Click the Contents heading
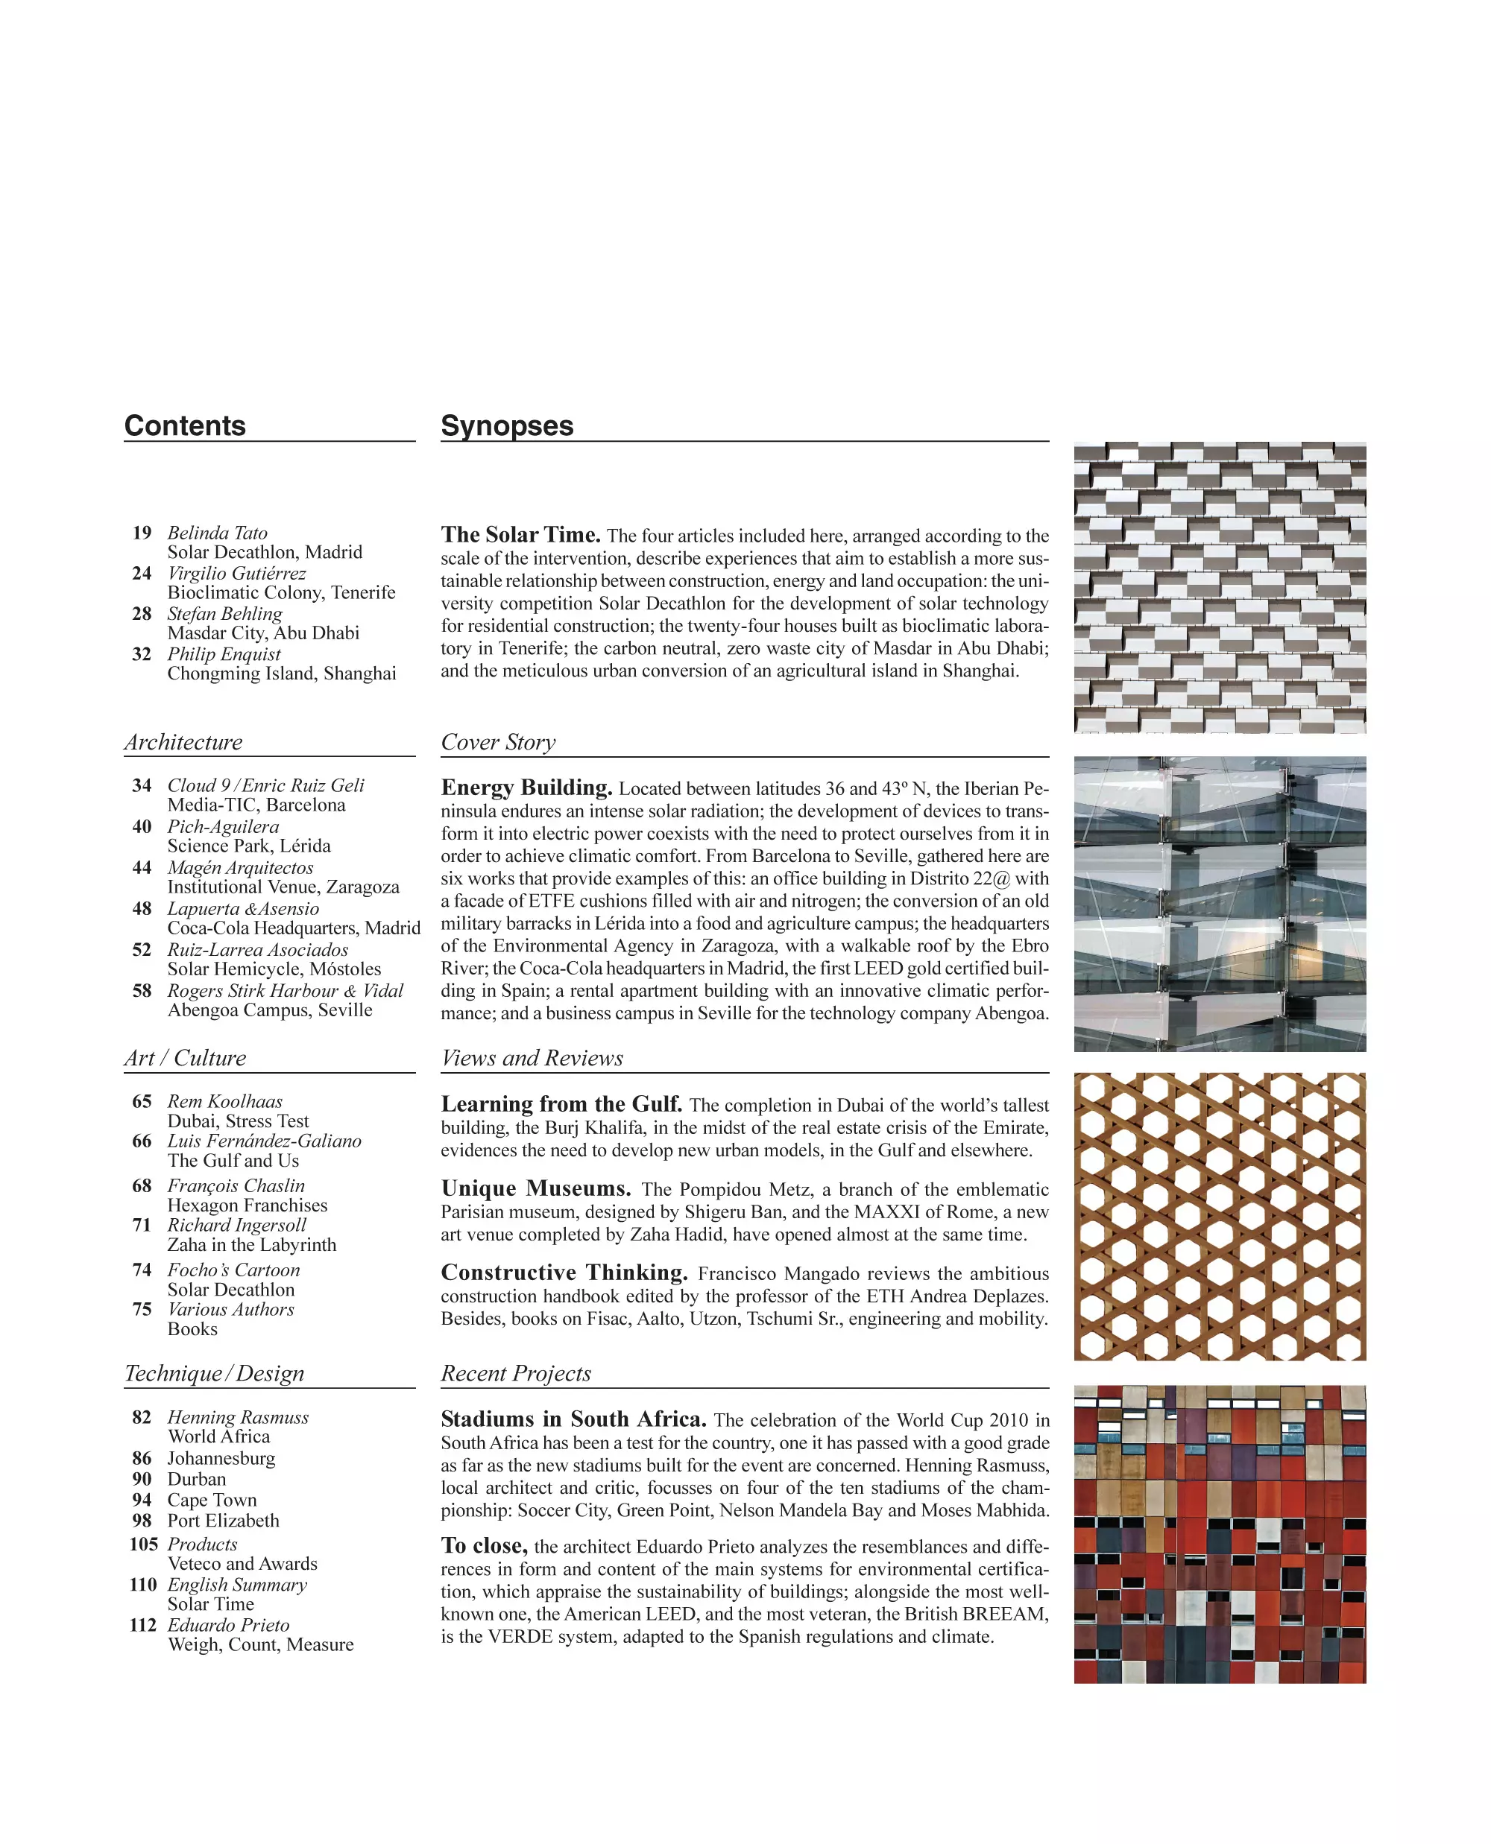click(x=185, y=426)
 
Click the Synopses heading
click(x=507, y=426)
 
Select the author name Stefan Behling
click(x=224, y=613)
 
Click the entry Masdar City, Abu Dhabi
click(x=263, y=633)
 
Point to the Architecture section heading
click(x=183, y=742)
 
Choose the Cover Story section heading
click(x=498, y=742)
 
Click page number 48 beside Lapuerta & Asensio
click(x=142, y=908)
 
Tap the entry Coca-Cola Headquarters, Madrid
click(x=294, y=928)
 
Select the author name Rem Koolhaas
click(x=224, y=1100)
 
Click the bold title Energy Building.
click(x=526, y=788)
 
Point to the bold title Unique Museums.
click(x=536, y=1188)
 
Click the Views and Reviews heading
click(x=532, y=1058)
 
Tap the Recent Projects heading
click(x=515, y=1374)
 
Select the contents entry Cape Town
click(x=211, y=1500)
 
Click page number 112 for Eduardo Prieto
click(x=142, y=1625)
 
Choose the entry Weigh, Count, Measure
click(x=260, y=1645)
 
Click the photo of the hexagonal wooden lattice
click(x=1220, y=1217)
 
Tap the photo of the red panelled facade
click(x=1220, y=1533)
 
